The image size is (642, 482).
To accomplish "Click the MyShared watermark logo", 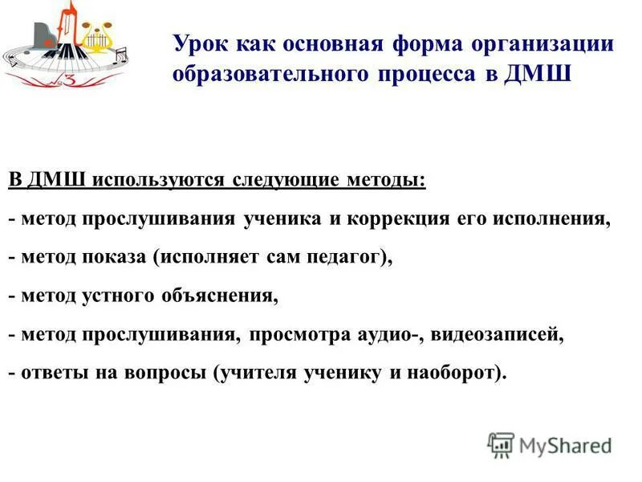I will point(549,443).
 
